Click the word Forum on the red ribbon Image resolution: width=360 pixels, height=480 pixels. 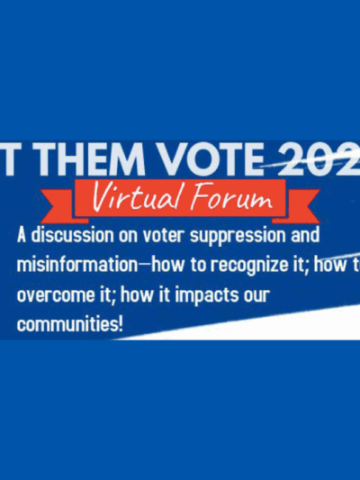click(x=236, y=196)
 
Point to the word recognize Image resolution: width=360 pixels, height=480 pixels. click(x=247, y=267)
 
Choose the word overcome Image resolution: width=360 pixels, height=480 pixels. click(x=55, y=295)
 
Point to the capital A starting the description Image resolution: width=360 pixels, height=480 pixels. click(x=22, y=236)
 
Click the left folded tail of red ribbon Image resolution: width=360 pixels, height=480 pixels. click(x=67, y=201)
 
